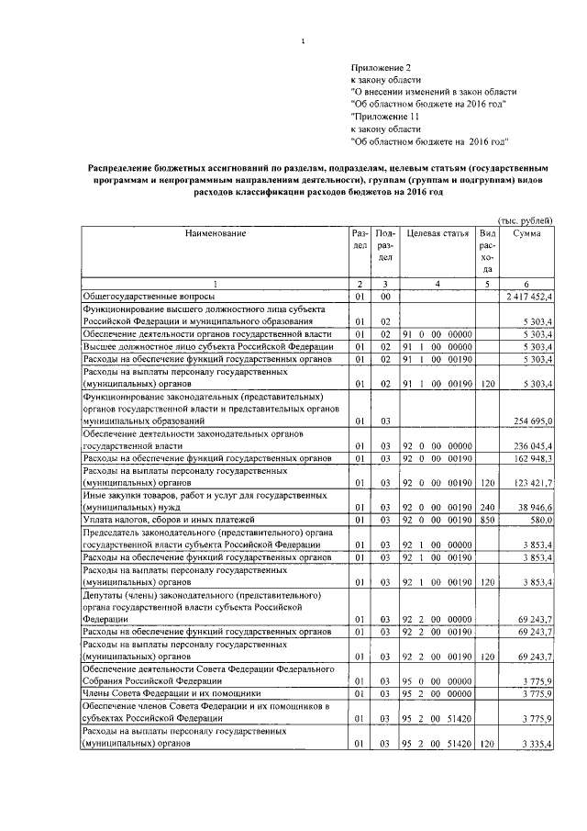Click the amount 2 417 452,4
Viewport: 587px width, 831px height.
[529, 298]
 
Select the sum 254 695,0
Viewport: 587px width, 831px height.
[531, 421]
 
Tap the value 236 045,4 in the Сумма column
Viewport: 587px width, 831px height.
[531, 445]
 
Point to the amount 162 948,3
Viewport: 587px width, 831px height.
[531, 457]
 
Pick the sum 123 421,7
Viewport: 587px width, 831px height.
[531, 482]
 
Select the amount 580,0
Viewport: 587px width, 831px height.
[540, 520]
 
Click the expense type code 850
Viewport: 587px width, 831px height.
[488, 520]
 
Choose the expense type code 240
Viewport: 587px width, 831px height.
[488, 507]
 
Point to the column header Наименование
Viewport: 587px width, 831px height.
[216, 235]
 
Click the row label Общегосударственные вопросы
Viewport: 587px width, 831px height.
[150, 298]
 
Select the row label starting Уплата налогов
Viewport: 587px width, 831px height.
[157, 520]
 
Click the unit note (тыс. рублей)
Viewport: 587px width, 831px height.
[525, 221]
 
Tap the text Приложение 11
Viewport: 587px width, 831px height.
[382, 118]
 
